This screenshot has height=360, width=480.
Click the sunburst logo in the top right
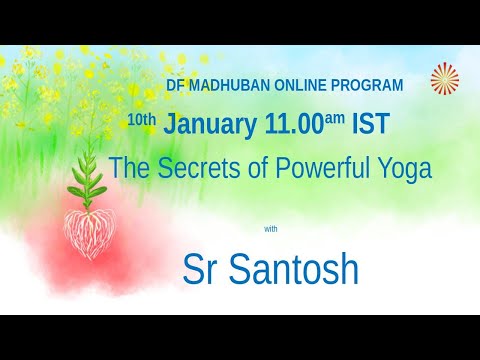pos(445,80)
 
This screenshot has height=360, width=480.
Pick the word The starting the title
pos(127,168)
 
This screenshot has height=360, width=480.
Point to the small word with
pos(271,229)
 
